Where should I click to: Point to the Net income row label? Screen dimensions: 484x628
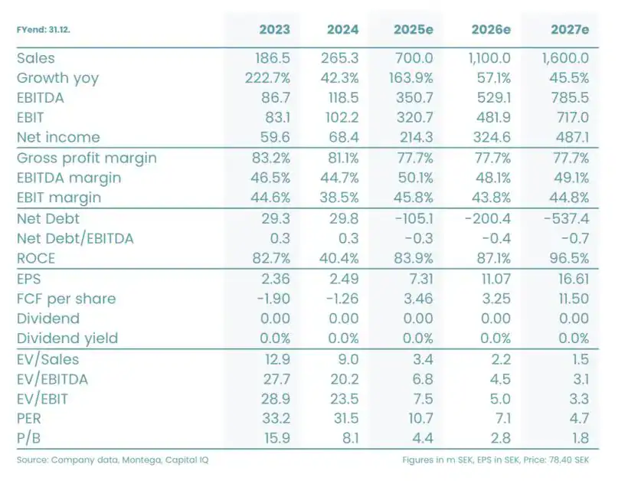(58, 138)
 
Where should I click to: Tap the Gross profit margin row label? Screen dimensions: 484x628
(87, 159)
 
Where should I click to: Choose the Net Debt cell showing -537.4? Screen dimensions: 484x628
(567, 218)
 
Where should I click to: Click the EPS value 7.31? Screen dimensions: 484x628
(420, 279)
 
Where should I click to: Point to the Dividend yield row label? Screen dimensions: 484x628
(67, 338)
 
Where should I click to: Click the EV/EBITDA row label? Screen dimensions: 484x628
(52, 378)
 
